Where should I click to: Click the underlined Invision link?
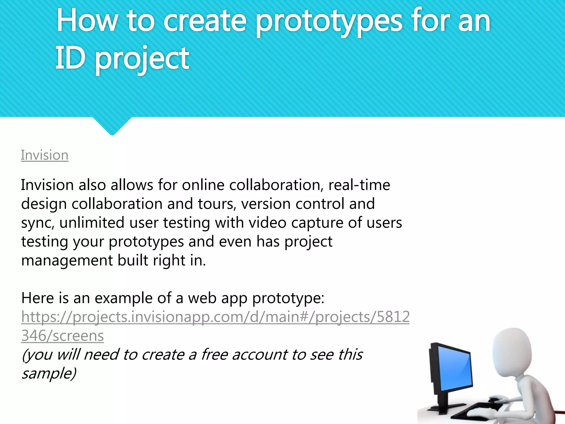pyautogui.click(x=45, y=155)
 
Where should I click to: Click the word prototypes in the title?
pyautogui.click(x=329, y=22)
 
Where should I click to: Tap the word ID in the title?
pyautogui.click(x=70, y=58)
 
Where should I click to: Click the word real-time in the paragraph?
pyautogui.click(x=359, y=185)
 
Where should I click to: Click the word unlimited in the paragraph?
pyautogui.click(x=92, y=223)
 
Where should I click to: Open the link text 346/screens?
pyautogui.click(x=63, y=336)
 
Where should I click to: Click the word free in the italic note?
pyautogui.click(x=214, y=354)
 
